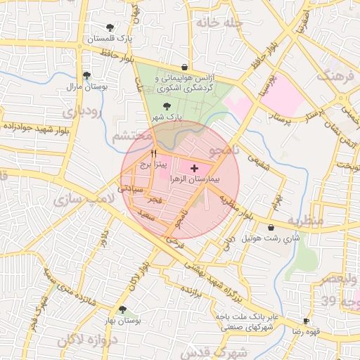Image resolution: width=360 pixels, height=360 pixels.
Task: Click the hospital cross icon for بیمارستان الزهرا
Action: tap(195, 169)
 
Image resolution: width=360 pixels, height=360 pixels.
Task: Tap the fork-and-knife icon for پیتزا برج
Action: tap(154, 153)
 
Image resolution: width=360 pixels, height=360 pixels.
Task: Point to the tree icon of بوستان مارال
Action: tap(86, 75)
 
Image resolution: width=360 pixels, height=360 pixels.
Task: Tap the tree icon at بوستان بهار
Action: tap(123, 309)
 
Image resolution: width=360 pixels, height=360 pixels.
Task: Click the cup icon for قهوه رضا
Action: tap(306, 320)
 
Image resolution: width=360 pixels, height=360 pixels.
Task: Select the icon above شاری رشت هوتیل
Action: tap(271, 227)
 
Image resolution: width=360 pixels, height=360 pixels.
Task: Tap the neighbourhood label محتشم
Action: tap(130, 135)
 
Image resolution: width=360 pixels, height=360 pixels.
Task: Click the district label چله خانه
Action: tap(220, 23)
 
